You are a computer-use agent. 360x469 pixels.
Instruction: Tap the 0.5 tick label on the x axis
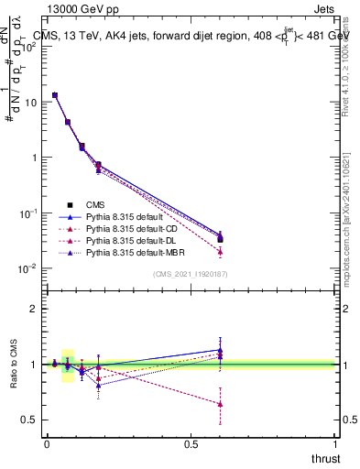point(191,446)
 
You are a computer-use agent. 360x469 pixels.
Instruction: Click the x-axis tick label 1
point(336,446)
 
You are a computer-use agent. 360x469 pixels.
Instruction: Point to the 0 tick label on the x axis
point(47,446)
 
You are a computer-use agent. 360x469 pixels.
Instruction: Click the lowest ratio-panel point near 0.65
point(220,403)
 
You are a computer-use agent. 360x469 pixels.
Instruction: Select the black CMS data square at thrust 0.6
point(220,239)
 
